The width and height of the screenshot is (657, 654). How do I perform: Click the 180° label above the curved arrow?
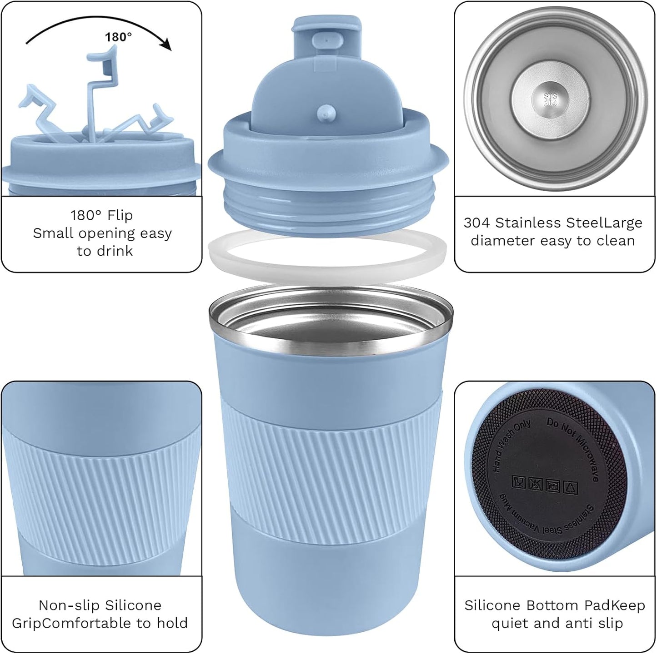118,37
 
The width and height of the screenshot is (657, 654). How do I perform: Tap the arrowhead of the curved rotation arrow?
167,45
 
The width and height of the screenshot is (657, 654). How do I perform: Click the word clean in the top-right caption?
615,241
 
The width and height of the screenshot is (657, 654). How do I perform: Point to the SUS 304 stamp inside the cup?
550,100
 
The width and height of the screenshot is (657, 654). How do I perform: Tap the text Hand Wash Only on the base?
511,445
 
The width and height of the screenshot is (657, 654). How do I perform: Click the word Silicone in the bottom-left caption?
133,605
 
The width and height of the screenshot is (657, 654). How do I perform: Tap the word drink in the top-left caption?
116,251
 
